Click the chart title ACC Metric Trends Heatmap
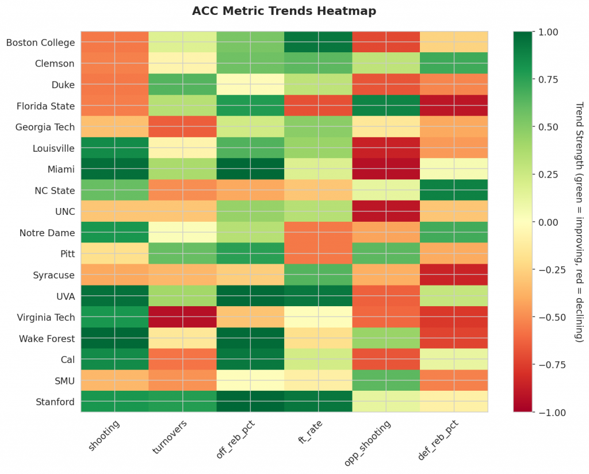pos(284,11)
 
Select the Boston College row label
pos(40,43)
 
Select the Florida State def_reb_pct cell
pos(454,106)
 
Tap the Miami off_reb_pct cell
pos(251,169)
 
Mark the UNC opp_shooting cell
pos(386,211)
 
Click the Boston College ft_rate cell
pos(318,43)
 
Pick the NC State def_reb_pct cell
pos(454,190)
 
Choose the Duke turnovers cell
pos(183,84)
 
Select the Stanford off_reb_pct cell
pos(251,402)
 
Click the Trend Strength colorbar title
pos(579,222)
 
